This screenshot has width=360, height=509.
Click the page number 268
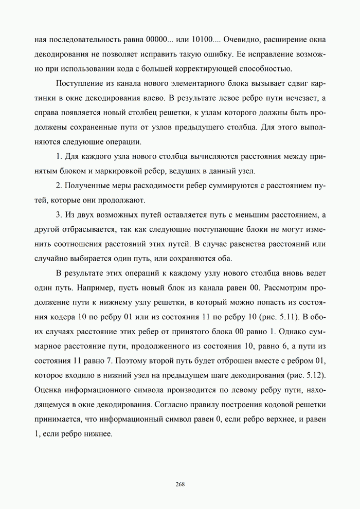(x=180, y=484)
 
